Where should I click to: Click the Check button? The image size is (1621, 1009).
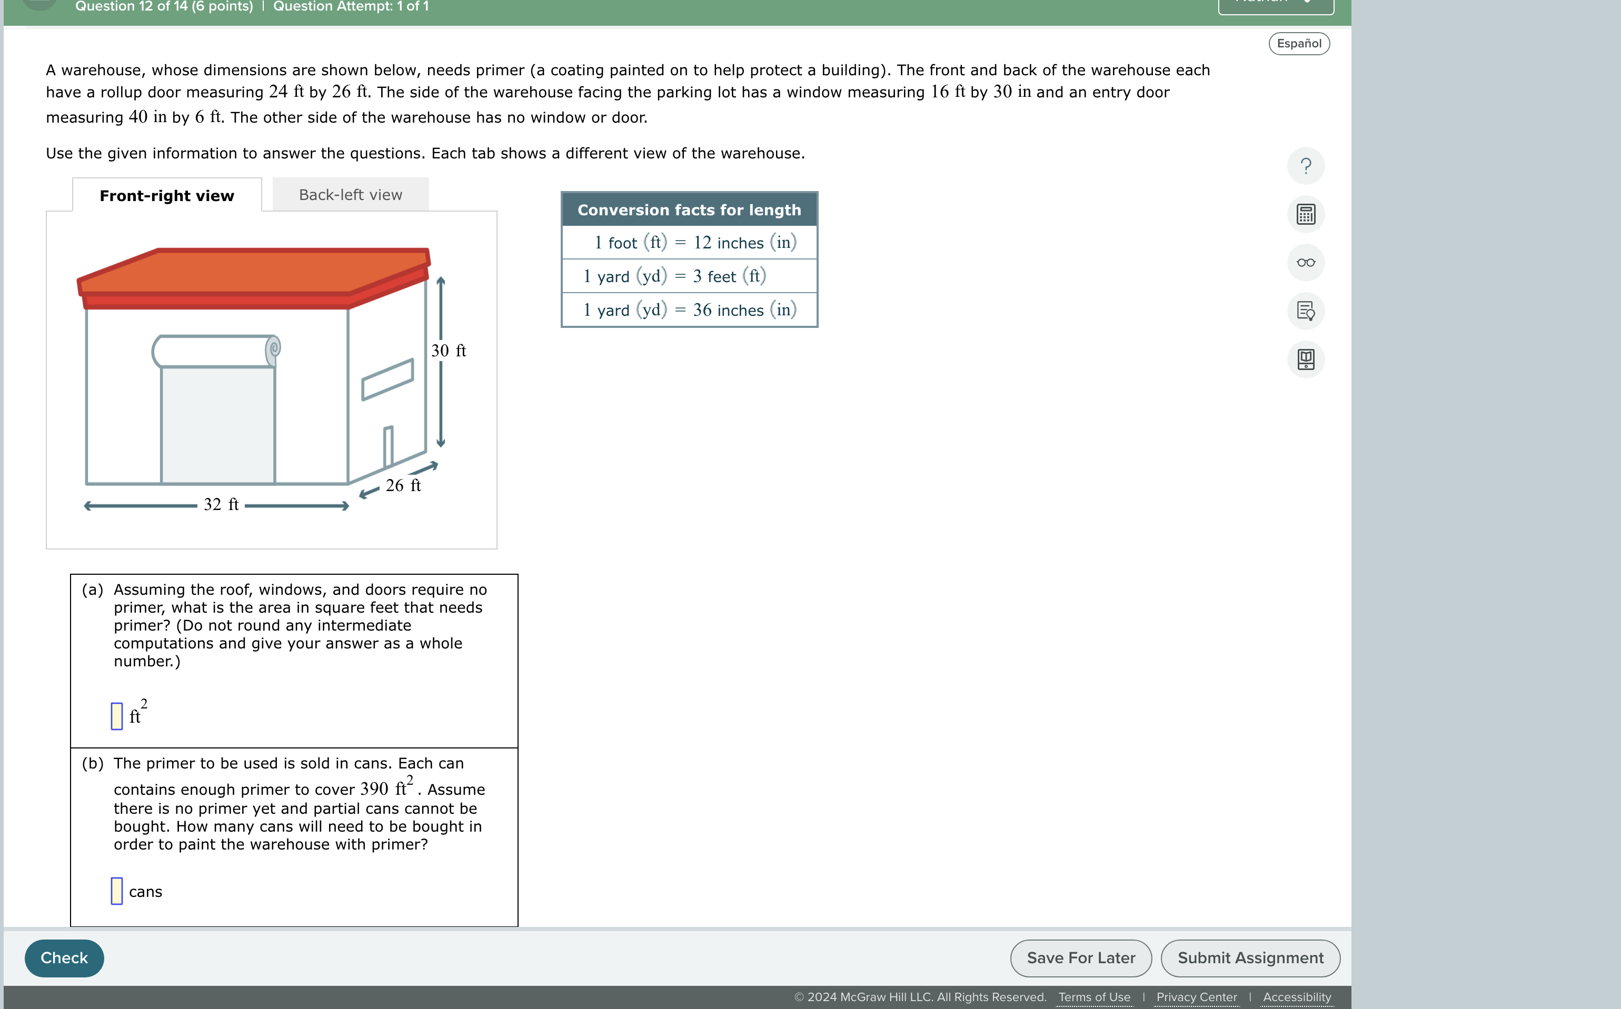tap(64, 957)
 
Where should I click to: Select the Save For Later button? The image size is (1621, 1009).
tap(1080, 957)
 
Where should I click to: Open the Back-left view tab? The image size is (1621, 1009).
tap(350, 195)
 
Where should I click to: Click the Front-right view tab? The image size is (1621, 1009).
tap(167, 195)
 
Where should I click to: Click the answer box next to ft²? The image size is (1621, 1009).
tap(117, 716)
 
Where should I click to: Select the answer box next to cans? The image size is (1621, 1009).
tap(117, 891)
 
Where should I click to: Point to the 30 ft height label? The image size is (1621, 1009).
tap(449, 351)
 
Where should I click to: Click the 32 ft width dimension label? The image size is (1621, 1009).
tap(221, 504)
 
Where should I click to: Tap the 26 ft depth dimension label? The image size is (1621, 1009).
tap(403, 486)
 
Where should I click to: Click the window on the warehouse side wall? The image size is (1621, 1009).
tap(387, 379)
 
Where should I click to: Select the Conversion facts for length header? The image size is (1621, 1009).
tap(689, 209)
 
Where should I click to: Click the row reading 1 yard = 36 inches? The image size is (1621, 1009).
tap(689, 309)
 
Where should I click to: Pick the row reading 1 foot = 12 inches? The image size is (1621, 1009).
tap(689, 242)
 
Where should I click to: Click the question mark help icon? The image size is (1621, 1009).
tap(1305, 165)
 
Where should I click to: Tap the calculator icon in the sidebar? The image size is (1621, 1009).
tap(1305, 214)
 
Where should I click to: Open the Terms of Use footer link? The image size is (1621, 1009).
tap(1094, 997)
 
